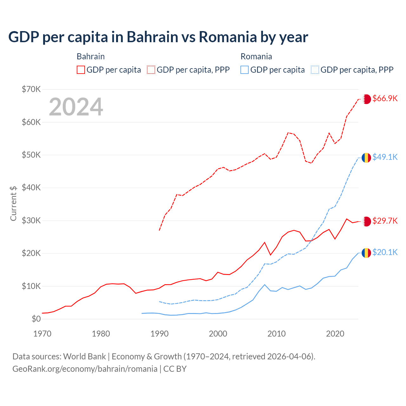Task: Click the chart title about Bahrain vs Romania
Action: (x=158, y=37)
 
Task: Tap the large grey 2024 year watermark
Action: (x=76, y=107)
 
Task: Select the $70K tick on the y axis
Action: (x=31, y=89)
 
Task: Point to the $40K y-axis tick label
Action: (x=31, y=187)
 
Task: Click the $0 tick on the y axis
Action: (x=36, y=319)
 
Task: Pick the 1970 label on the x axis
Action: (x=42, y=334)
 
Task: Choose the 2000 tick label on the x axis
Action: (x=218, y=334)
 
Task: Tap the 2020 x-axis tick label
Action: (x=335, y=334)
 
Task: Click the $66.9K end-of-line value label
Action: (x=385, y=98)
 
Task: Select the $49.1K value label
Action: (x=385, y=157)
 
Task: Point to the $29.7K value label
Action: (x=385, y=221)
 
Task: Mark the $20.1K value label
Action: (x=385, y=252)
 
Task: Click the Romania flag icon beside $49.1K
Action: (x=366, y=158)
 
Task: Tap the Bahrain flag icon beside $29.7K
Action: (x=366, y=221)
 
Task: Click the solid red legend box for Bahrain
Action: (x=81, y=70)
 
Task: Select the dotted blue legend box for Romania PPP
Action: (x=315, y=70)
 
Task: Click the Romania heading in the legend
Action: (x=256, y=56)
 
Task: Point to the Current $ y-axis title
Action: (x=13, y=203)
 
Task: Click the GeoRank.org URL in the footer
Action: (x=85, y=369)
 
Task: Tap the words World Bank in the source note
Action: (x=84, y=357)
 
